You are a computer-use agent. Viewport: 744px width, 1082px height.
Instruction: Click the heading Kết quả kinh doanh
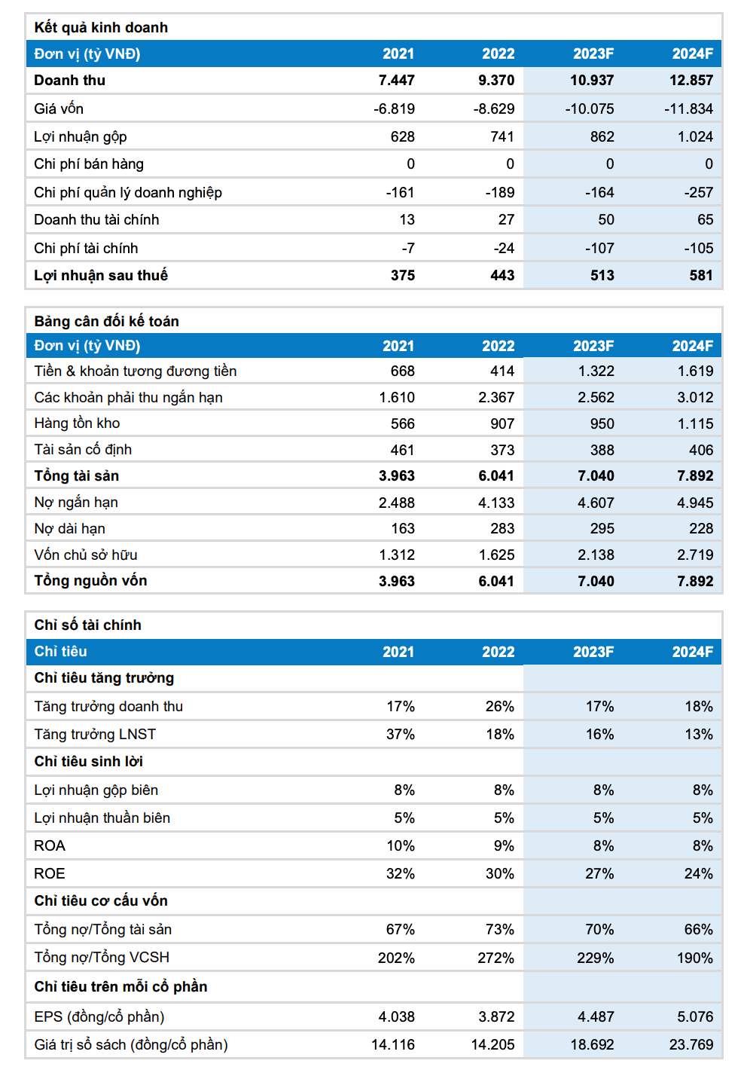(101, 28)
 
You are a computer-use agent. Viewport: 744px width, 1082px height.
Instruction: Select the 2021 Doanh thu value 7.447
(396, 80)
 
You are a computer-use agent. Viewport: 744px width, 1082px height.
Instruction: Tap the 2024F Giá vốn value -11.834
(688, 109)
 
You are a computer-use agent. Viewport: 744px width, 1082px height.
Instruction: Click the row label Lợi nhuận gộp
(80, 136)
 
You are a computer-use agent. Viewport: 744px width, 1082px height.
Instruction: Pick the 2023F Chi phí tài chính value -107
(599, 249)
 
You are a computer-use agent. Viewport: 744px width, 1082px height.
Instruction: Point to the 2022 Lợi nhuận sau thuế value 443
(502, 275)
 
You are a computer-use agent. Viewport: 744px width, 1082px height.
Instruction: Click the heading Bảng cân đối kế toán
(106, 321)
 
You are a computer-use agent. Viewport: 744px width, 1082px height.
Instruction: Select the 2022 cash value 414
(502, 371)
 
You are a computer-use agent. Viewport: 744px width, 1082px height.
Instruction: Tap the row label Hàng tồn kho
(77, 423)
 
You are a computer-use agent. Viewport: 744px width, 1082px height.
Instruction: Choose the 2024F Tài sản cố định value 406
(701, 450)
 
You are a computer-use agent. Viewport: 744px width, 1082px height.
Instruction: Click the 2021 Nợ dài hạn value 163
(403, 528)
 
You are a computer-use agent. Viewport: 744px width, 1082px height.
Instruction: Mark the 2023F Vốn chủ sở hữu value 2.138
(596, 555)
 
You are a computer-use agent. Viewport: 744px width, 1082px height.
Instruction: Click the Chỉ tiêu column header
(60, 651)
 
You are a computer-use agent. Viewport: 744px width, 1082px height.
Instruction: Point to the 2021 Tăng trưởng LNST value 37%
(401, 734)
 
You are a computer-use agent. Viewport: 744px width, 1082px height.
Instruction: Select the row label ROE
(49, 873)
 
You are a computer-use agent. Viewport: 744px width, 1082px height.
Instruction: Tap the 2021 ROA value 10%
(401, 846)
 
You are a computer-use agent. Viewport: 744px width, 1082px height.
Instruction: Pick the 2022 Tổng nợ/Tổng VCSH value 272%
(495, 958)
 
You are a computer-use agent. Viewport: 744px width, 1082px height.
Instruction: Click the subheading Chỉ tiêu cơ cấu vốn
(101, 900)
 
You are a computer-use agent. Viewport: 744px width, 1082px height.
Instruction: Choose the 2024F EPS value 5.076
(695, 1016)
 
